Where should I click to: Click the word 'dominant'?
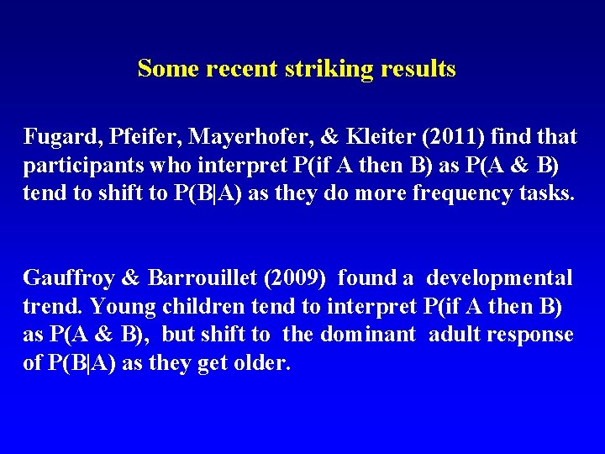366,335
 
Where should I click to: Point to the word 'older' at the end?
265,363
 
